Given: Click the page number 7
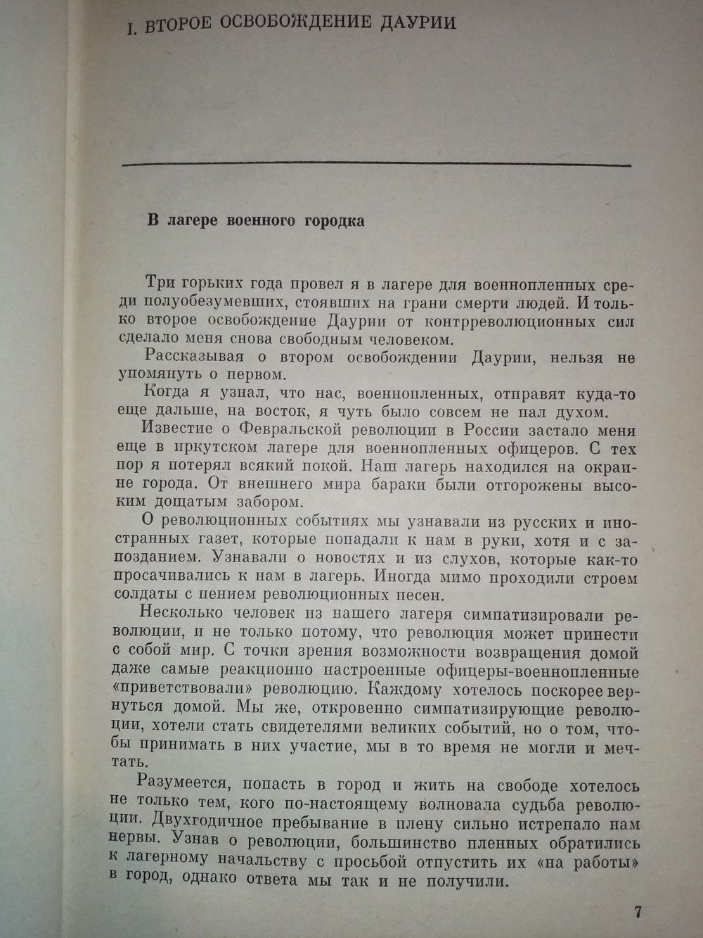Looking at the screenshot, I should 637,913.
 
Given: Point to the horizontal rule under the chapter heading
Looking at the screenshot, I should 376,165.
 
